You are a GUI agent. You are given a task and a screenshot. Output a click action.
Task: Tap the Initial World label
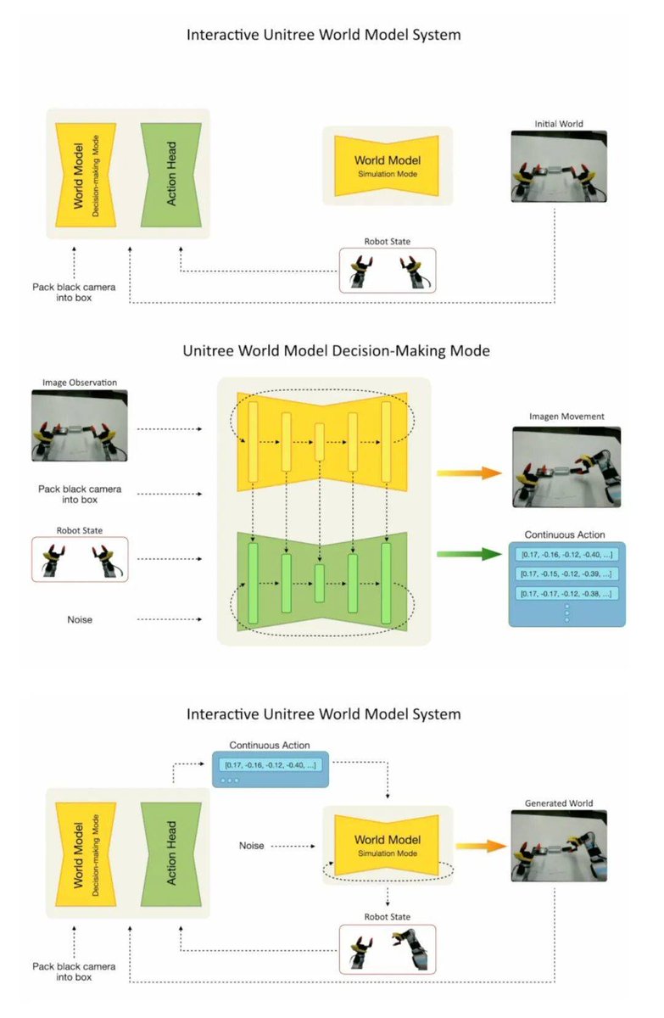(558, 123)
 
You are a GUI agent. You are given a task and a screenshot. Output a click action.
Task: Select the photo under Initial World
(559, 166)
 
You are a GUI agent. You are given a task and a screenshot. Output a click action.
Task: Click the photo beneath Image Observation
(81, 426)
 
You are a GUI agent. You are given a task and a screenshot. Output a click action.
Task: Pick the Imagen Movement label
(566, 417)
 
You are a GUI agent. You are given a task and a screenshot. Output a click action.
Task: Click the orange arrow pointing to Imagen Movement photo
(470, 473)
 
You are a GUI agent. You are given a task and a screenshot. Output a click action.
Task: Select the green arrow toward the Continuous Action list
(470, 554)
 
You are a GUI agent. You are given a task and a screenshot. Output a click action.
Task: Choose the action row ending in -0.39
(566, 573)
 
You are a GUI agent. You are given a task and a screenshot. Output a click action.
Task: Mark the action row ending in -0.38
(566, 593)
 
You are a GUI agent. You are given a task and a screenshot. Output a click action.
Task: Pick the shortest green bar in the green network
(320, 583)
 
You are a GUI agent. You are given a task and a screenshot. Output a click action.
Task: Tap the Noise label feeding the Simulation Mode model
(252, 846)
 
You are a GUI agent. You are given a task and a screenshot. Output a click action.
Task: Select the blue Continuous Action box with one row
(271, 769)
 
